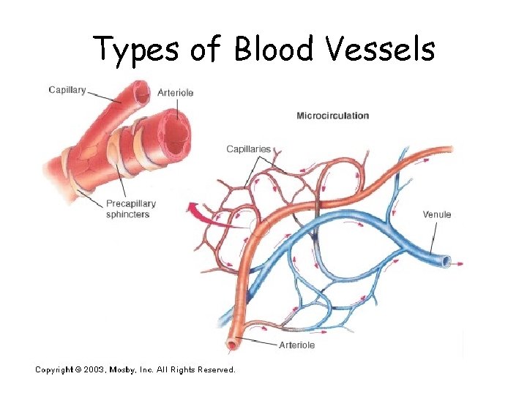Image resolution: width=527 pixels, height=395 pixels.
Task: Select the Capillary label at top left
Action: (x=67, y=91)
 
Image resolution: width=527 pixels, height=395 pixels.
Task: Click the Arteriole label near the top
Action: (x=176, y=93)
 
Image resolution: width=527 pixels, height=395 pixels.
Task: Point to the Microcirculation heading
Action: (x=332, y=116)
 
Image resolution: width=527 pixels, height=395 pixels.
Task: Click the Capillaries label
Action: (x=248, y=149)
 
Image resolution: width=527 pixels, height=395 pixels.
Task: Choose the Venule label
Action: (x=437, y=214)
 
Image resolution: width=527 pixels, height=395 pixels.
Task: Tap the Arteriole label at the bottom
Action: (x=296, y=345)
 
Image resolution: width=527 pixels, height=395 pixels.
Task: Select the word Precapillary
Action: (x=131, y=204)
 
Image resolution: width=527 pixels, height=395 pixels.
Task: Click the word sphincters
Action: (x=127, y=214)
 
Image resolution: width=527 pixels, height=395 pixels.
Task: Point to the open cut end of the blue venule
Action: (x=446, y=260)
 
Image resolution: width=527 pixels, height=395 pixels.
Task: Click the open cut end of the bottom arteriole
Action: (x=233, y=343)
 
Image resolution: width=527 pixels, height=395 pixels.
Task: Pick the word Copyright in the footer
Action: (x=53, y=370)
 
